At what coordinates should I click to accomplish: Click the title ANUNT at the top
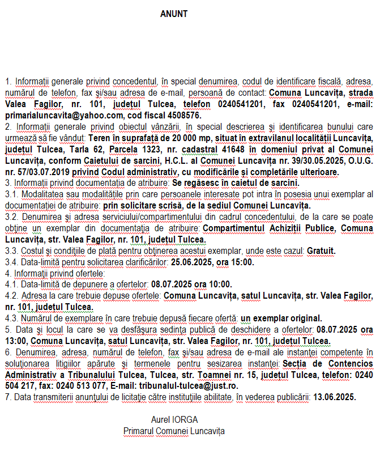tap(174, 14)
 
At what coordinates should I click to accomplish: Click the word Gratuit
tap(322, 251)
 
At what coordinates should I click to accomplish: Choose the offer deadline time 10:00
tap(220, 285)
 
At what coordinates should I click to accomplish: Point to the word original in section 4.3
tap(305, 319)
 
